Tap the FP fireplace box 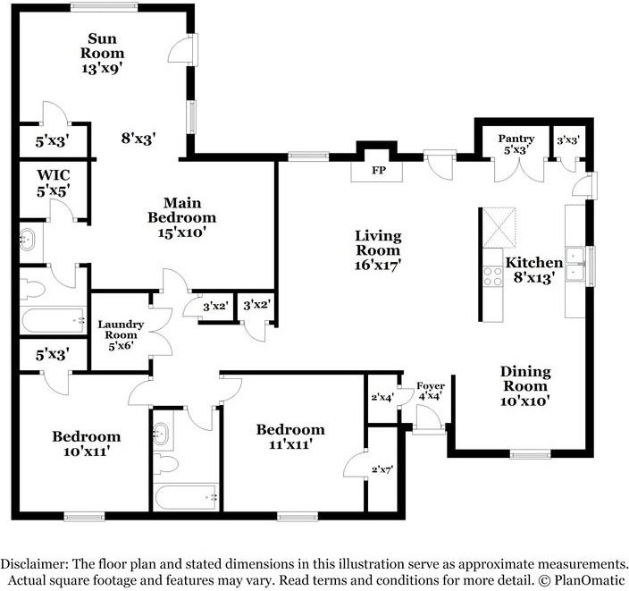[x=377, y=171]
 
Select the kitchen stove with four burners [x=492, y=276]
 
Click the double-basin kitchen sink [x=575, y=264]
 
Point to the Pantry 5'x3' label [x=516, y=144]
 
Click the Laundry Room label [x=121, y=335]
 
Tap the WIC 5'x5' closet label [x=54, y=183]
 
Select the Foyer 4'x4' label [x=431, y=391]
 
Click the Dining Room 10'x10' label [x=525, y=386]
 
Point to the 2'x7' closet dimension [x=382, y=469]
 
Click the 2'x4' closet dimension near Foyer [x=382, y=398]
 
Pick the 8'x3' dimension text [x=138, y=139]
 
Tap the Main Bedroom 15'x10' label [x=182, y=217]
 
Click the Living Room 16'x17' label [x=378, y=250]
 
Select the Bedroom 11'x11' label [x=290, y=437]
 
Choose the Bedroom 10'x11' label [x=87, y=443]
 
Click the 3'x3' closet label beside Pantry [x=568, y=140]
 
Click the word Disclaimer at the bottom [x=34, y=563]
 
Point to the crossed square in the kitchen [x=499, y=228]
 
